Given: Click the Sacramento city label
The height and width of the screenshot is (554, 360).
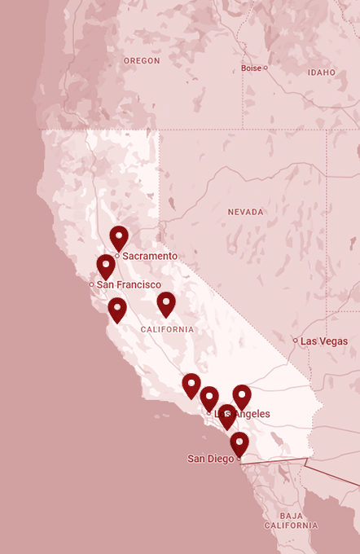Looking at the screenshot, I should (x=150, y=256).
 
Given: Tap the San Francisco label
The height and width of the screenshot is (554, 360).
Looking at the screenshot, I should (x=129, y=284).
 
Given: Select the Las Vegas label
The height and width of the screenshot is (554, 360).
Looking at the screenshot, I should (x=323, y=341).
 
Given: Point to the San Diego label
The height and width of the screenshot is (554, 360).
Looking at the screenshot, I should (x=210, y=459).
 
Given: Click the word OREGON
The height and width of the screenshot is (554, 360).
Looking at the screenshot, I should (x=142, y=61).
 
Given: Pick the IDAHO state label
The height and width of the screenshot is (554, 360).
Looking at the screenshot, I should (x=322, y=73).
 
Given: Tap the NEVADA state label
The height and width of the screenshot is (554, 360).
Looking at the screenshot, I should (x=245, y=212).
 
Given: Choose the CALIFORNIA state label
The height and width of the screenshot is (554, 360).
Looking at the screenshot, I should (x=167, y=329).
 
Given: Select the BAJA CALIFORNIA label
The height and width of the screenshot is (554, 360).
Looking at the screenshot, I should (x=296, y=521).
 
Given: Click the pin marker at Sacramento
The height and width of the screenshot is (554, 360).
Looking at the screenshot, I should (x=119, y=237).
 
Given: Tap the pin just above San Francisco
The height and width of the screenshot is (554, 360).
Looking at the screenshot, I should (x=106, y=265).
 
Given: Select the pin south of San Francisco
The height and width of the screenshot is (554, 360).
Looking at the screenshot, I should (x=117, y=309).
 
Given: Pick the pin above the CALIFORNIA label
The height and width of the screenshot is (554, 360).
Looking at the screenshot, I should (x=166, y=303).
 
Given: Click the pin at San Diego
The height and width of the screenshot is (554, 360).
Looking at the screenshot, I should (x=239, y=443).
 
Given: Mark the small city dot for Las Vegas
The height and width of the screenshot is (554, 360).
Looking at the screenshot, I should (x=296, y=341).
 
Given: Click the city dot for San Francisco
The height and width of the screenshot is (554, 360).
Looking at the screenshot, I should (x=92, y=284).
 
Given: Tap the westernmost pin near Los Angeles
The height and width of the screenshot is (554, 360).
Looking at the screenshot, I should (x=191, y=385).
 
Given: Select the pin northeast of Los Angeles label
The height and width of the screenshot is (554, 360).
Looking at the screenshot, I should (x=242, y=396).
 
